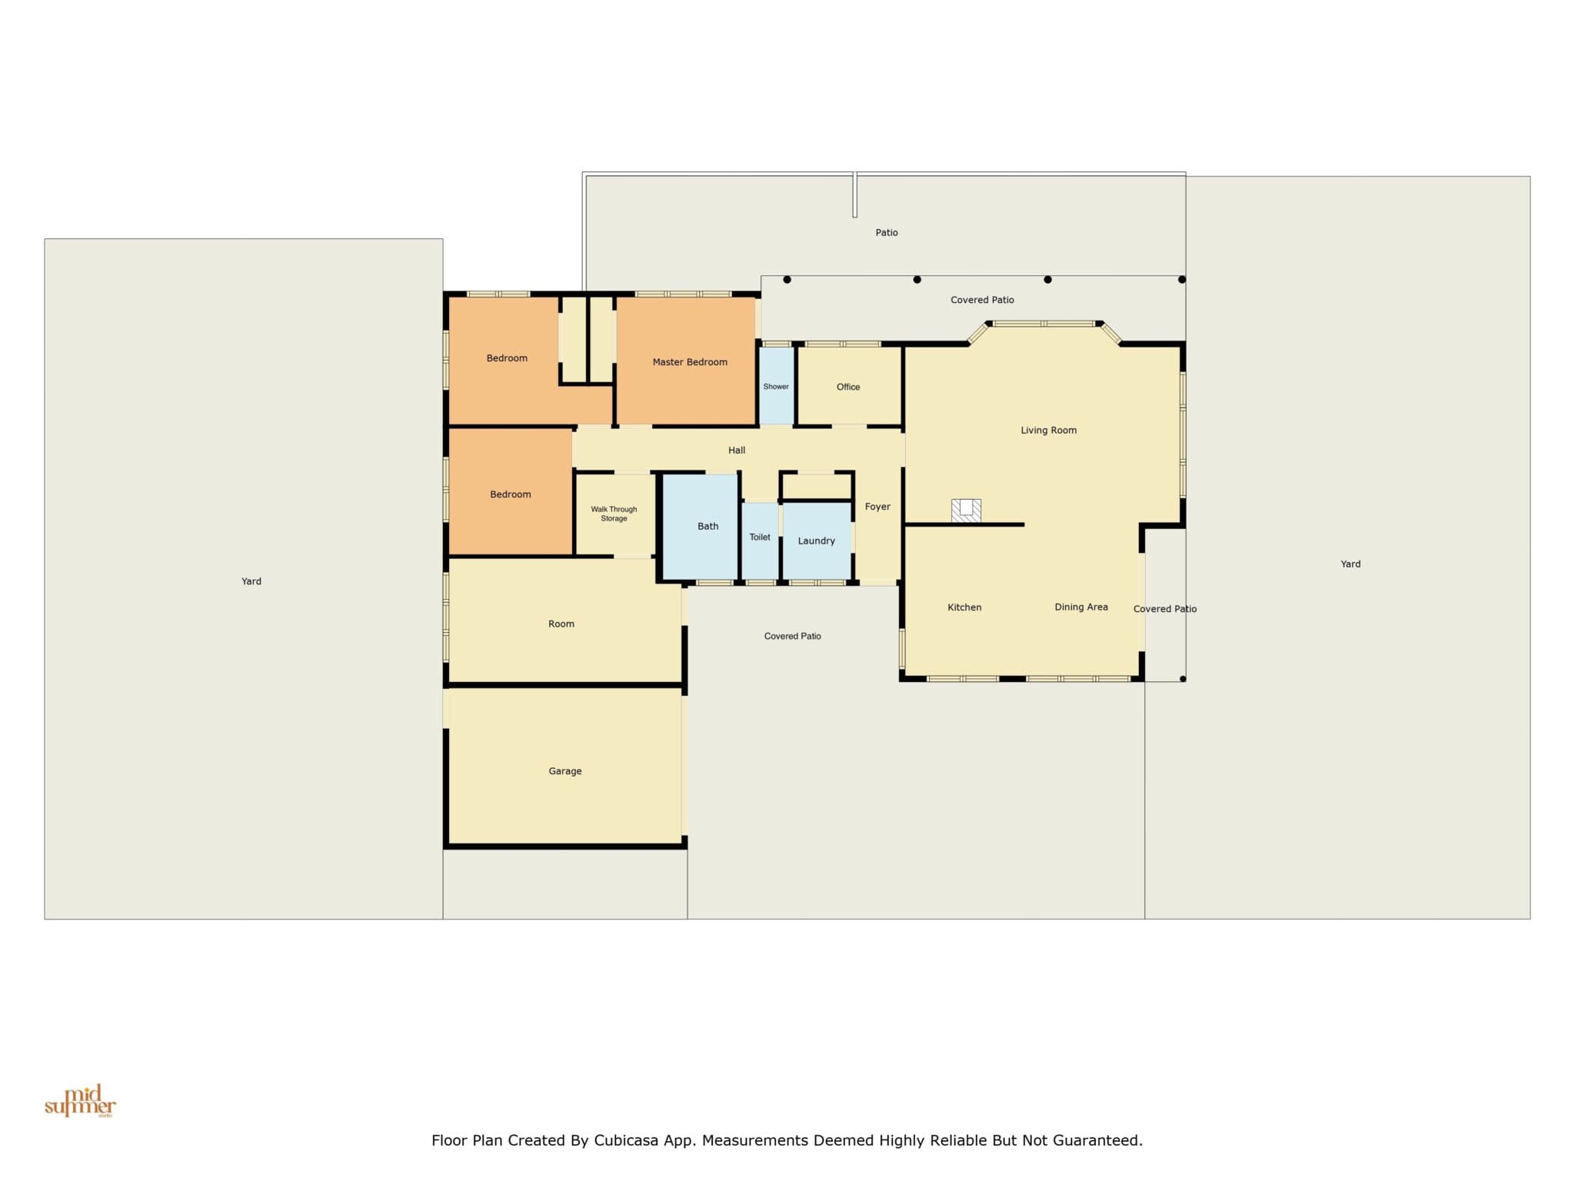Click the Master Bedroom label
pyautogui.click(x=690, y=362)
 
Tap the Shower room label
pyautogui.click(x=776, y=387)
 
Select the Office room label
pyautogui.click(x=848, y=387)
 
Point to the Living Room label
pyautogui.click(x=1048, y=431)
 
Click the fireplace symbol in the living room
pyautogui.click(x=966, y=511)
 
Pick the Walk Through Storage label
pyautogui.click(x=614, y=514)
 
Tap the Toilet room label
pyautogui.click(x=760, y=537)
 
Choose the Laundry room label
pyautogui.click(x=816, y=541)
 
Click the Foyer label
pyautogui.click(x=877, y=507)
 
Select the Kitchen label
pyautogui.click(x=964, y=607)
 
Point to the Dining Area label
pyautogui.click(x=1081, y=607)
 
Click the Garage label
pyautogui.click(x=565, y=771)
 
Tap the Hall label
pyautogui.click(x=737, y=451)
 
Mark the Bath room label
pyautogui.click(x=708, y=527)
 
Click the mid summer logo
pyautogui.click(x=80, y=1101)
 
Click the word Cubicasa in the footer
pyautogui.click(x=626, y=1140)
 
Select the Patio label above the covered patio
pyautogui.click(x=887, y=232)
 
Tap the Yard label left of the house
pyautogui.click(x=251, y=581)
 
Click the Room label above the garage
pyautogui.click(x=561, y=624)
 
